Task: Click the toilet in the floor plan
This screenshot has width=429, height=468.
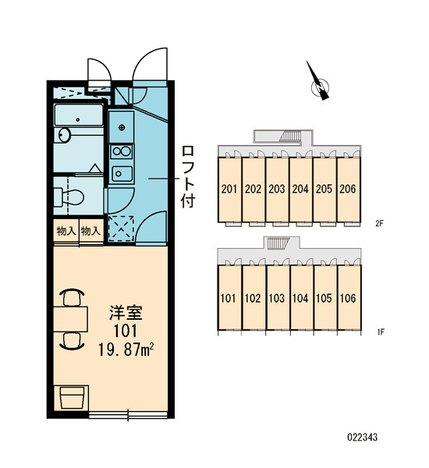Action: (69, 197)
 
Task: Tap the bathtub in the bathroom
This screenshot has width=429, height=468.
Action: (79, 115)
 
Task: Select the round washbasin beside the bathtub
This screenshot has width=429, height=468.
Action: (64, 135)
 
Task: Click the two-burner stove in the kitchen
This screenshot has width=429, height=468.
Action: (122, 151)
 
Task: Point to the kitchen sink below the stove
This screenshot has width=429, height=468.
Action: (122, 173)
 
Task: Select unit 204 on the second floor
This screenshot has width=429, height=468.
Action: (301, 190)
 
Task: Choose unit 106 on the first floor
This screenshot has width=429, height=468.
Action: (349, 298)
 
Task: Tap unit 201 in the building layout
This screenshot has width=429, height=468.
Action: (229, 190)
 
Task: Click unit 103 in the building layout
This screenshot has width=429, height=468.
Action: (278, 298)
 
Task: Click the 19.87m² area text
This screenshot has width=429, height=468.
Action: (126, 349)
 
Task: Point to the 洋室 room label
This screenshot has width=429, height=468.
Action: (126, 313)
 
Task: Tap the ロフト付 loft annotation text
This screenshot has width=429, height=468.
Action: (188, 177)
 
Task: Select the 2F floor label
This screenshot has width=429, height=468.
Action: (379, 224)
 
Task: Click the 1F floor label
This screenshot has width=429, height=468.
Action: (381, 331)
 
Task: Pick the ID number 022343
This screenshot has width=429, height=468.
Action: (363, 438)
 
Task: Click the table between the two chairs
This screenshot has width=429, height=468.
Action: (71, 319)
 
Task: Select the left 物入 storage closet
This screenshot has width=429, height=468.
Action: (66, 231)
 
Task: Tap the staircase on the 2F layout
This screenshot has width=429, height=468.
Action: (290, 136)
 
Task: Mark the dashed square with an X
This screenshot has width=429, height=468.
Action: (121, 229)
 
